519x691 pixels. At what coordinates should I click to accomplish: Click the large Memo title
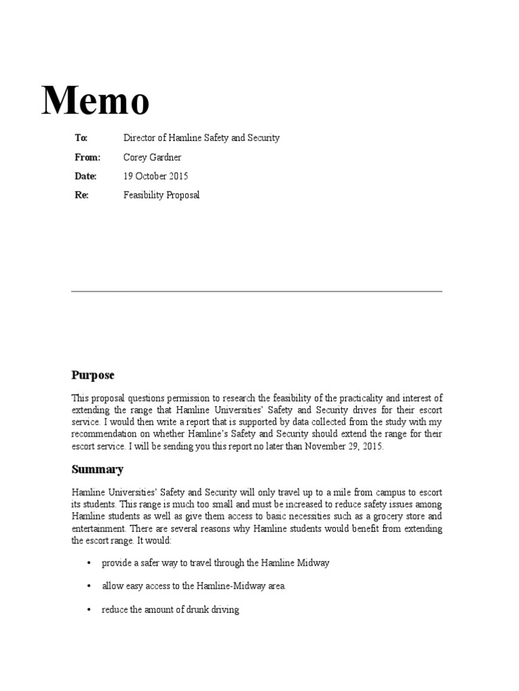tap(95, 101)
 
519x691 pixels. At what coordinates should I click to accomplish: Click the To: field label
tap(81, 138)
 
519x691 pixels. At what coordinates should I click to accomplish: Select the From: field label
tap(87, 157)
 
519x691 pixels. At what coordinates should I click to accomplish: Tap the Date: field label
tap(86, 176)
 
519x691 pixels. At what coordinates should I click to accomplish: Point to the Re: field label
tap(81, 195)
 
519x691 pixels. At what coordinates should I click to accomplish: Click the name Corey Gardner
tap(152, 157)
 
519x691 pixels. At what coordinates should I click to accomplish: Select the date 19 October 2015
tap(155, 176)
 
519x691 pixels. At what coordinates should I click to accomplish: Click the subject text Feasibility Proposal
tap(162, 195)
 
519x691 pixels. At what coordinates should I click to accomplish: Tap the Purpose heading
tap(93, 375)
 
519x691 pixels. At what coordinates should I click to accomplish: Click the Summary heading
tap(97, 469)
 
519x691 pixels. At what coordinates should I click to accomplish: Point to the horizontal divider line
tap(257, 291)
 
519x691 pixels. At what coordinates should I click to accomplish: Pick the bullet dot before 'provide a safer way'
tap(89, 563)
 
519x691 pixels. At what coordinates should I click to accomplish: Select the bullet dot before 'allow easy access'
tap(89, 586)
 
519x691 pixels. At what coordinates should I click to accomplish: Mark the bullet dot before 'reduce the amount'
tap(89, 610)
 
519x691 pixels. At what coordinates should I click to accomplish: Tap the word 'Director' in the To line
tap(139, 138)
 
